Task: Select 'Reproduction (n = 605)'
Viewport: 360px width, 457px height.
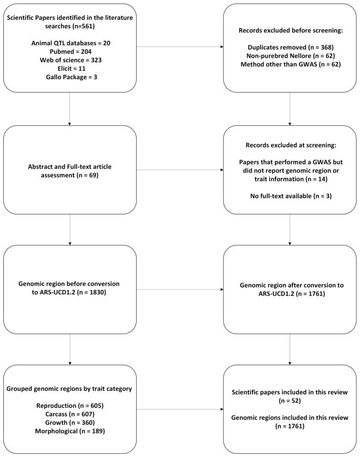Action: [x=70, y=405]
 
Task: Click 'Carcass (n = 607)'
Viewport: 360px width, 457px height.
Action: [x=70, y=414]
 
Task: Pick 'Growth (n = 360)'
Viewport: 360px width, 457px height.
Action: [x=70, y=422]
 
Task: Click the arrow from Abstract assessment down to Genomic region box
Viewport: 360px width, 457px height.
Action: [x=70, y=229]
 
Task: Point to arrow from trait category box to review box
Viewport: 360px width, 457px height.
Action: [x=180, y=409]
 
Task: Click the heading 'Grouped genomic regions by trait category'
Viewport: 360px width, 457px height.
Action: [x=70, y=388]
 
